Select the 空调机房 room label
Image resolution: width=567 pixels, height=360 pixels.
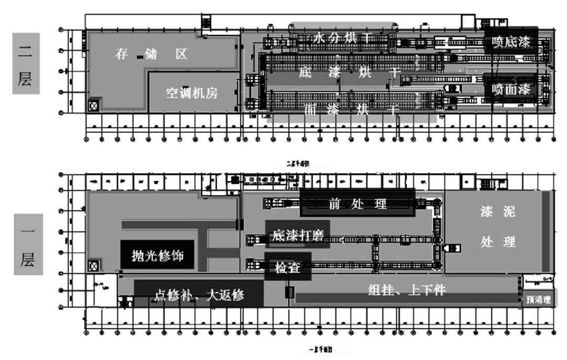click(192, 93)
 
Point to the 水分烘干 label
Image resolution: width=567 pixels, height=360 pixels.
click(343, 38)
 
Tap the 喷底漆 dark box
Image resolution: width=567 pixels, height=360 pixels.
click(511, 41)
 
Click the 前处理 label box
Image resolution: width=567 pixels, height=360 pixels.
click(358, 203)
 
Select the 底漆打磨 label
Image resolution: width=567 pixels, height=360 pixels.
click(298, 235)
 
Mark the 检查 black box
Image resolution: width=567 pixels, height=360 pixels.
click(288, 267)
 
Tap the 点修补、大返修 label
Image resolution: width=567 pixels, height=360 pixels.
click(199, 294)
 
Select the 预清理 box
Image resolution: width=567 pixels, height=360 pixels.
click(538, 300)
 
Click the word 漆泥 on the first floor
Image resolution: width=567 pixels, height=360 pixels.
click(498, 212)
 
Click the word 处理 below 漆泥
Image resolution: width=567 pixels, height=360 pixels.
click(498, 242)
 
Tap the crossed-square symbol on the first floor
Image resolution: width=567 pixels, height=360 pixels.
click(94, 265)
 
